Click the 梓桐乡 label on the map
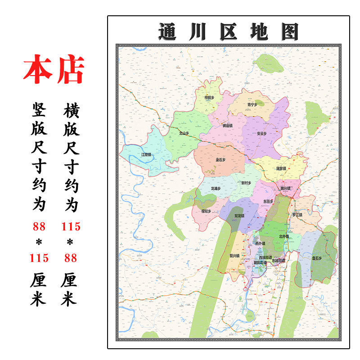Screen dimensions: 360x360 (209, 98)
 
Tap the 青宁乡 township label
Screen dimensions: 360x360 (252, 105)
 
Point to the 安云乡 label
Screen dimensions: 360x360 (262, 134)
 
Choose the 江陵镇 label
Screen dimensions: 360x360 (146, 155)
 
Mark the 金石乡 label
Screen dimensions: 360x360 (220, 160)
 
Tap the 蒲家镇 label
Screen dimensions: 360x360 (281, 169)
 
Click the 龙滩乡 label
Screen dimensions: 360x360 (216, 188)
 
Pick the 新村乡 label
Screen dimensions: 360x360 (246, 183)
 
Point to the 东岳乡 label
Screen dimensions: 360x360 (269, 202)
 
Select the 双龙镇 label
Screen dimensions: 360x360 (239, 216)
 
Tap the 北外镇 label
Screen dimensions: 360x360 (284, 236)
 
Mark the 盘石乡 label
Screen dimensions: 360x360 (317, 258)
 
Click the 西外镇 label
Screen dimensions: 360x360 (260, 243)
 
